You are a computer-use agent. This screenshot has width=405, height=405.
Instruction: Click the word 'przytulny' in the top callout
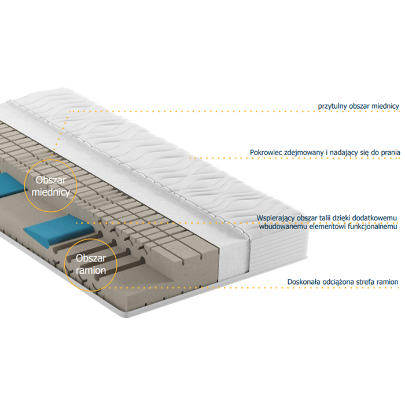332,106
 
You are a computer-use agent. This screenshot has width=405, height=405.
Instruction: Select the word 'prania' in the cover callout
391,153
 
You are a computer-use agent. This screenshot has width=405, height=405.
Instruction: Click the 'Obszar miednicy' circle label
51,186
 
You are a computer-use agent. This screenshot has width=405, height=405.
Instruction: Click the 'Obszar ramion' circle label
91,264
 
